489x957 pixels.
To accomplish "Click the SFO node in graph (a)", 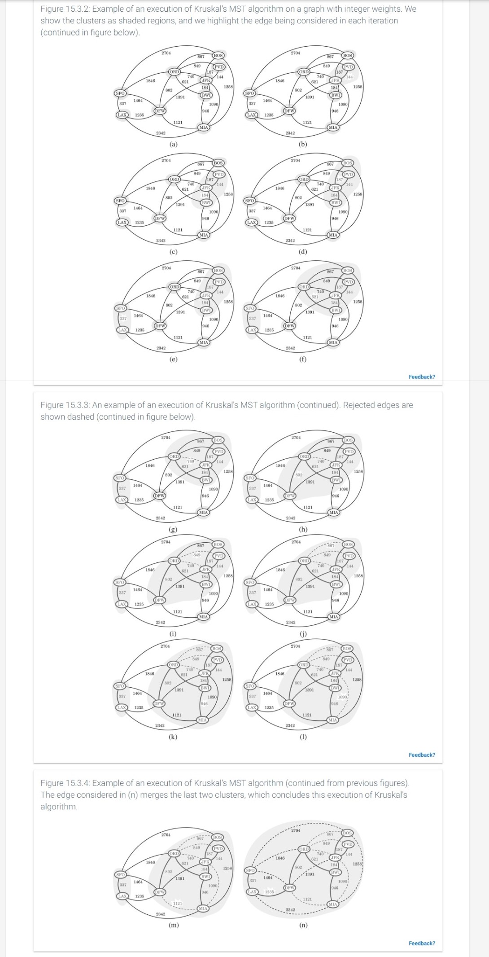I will click(x=120, y=93).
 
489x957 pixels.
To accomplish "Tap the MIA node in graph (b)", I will click(x=333, y=127).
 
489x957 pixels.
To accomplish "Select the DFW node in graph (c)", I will click(x=160, y=218).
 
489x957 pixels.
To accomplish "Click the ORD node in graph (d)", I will click(x=304, y=179).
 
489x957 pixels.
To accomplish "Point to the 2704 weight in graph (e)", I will click(x=166, y=268).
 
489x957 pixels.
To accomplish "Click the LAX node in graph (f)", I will click(x=252, y=330).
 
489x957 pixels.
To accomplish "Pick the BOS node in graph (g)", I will click(x=218, y=440).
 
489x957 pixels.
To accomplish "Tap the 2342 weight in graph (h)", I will click(x=291, y=518).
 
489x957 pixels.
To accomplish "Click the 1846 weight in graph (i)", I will click(x=150, y=570).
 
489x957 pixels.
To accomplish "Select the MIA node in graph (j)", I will click(x=333, y=617).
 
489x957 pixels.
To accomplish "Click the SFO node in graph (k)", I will click(x=119, y=686).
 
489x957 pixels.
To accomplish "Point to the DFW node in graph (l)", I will click(x=289, y=703).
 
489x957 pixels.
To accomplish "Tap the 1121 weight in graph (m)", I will click(x=178, y=903).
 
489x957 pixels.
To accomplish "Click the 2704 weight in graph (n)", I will click(x=296, y=830).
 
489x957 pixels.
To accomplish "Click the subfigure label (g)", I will click(x=173, y=529).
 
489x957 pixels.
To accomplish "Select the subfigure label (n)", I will click(x=303, y=925).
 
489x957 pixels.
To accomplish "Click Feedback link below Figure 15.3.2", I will click(x=421, y=377).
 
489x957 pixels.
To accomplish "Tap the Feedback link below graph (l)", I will click(x=421, y=755).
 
